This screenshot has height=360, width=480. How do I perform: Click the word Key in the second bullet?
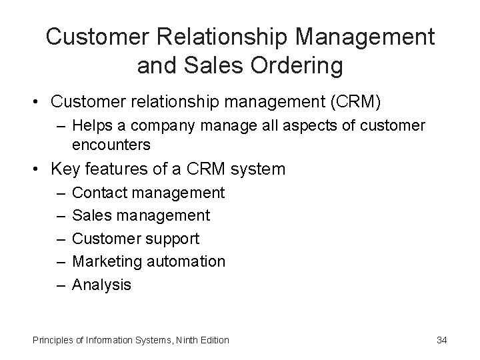(65, 169)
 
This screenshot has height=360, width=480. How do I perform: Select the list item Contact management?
(147, 193)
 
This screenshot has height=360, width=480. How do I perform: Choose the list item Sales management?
(140, 215)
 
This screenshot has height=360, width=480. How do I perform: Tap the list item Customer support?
(135, 239)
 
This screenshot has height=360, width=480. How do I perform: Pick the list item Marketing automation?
(148, 261)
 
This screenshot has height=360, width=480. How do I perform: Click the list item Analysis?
(101, 285)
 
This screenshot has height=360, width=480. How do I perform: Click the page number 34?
(441, 340)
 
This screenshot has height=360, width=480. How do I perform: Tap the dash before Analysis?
(61, 285)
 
